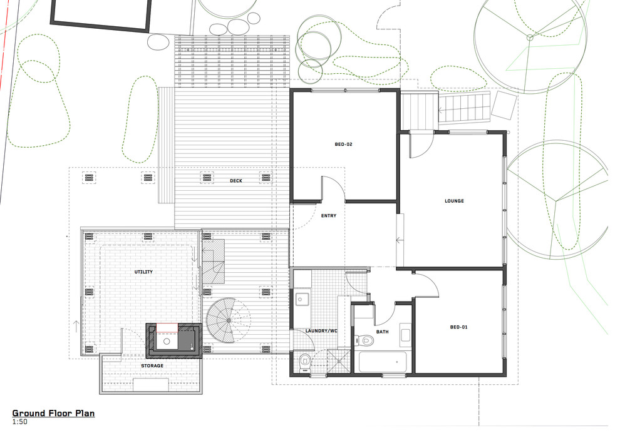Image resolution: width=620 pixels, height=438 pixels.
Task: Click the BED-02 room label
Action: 344,145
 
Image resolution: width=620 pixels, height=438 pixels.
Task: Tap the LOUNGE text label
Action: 454,201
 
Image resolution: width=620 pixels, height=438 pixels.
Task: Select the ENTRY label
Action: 328,216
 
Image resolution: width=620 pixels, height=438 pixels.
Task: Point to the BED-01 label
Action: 459,327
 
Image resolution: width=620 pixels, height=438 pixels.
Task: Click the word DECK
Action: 235,181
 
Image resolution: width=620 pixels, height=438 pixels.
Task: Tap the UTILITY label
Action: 143,272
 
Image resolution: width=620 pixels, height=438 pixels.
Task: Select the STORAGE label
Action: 152,365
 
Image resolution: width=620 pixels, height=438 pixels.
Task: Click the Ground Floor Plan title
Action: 53,413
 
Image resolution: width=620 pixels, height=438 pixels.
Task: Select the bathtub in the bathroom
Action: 383,362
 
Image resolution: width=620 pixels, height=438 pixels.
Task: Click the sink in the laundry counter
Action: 301,298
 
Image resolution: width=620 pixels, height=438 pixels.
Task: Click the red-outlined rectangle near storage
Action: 167,327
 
